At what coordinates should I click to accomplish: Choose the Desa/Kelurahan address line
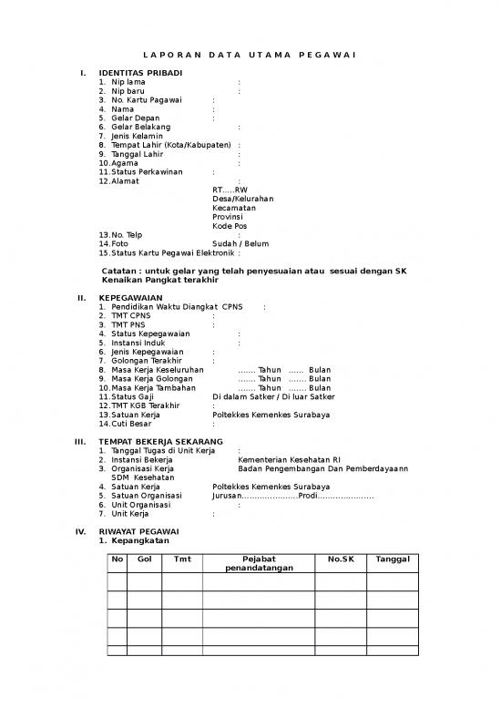pos(243,199)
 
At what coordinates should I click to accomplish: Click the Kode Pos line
pos(230,225)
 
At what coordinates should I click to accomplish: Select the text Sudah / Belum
pos(240,243)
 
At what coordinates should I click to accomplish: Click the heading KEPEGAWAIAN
pos(131,298)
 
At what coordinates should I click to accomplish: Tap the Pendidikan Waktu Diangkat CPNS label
pos(176,307)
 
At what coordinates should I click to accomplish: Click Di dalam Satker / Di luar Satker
pos(272,396)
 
